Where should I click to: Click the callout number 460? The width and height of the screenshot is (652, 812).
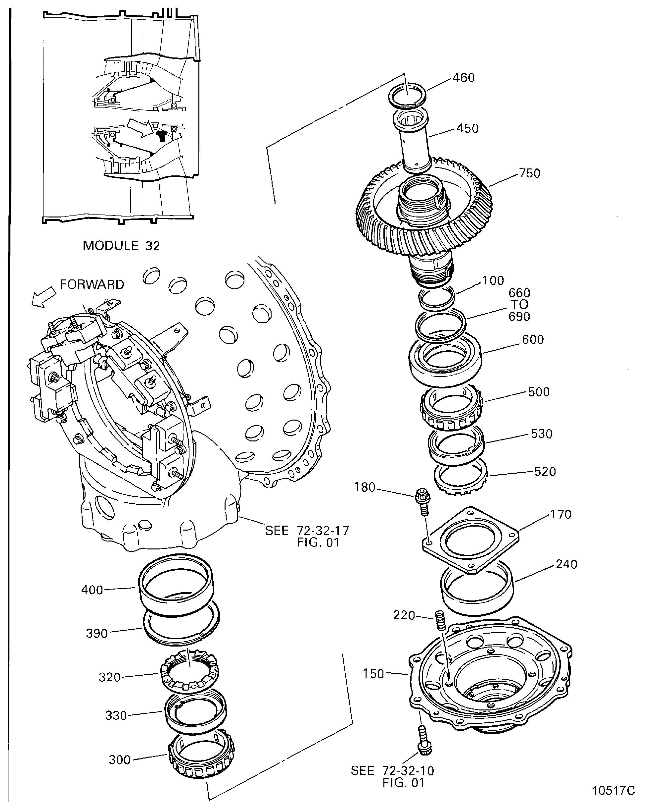pos(464,78)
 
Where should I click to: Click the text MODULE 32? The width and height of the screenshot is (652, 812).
pos(121,246)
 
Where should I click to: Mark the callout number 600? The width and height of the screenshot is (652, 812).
pos(533,339)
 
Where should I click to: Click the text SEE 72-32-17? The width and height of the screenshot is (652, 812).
pos(307,530)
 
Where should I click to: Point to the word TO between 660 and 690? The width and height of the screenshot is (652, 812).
pos(519,304)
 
